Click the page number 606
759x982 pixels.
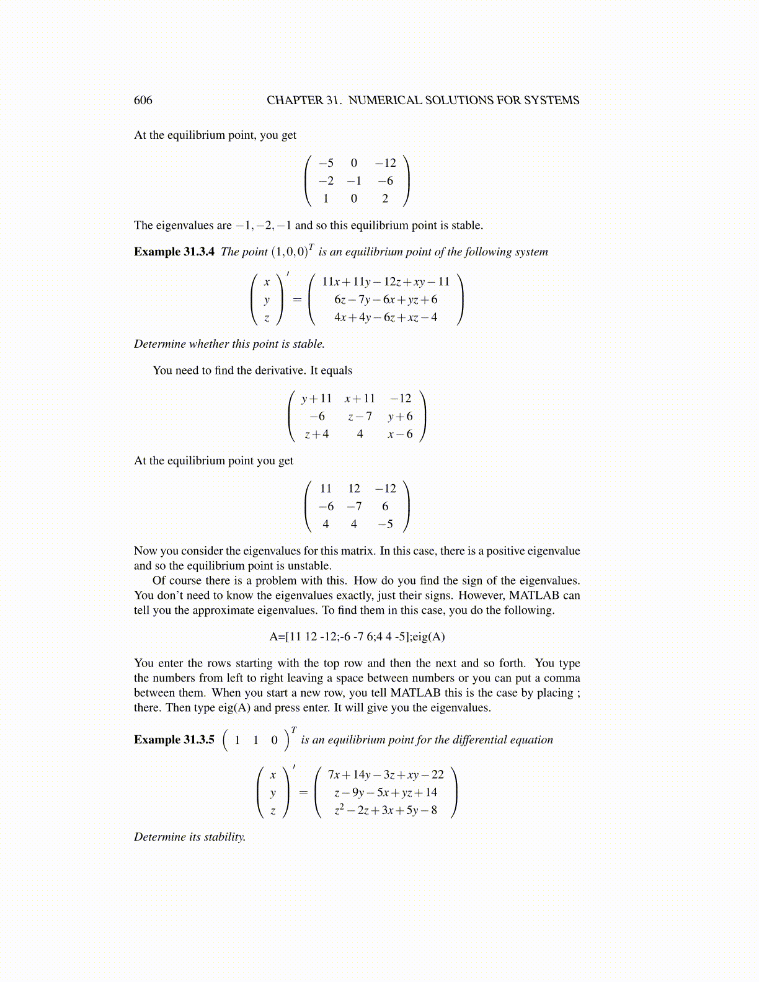tap(143, 100)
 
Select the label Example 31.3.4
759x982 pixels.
tap(174, 252)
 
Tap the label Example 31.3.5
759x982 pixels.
tap(174, 740)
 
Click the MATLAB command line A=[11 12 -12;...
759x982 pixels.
tap(357, 637)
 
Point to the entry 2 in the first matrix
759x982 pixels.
tap(385, 199)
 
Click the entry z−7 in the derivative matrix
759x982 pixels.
tap(360, 417)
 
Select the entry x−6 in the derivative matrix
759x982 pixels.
tap(400, 435)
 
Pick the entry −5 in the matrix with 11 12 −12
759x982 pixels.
tap(385, 524)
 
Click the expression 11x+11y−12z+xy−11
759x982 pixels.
tap(386, 282)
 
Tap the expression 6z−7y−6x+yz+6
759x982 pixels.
tap(386, 299)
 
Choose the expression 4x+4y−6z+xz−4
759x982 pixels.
tap(386, 317)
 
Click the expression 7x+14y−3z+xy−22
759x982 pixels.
tap(386, 775)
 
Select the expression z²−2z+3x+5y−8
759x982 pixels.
tap(386, 810)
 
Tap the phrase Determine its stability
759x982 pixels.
tap(190, 837)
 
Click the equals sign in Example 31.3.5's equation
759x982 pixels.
tap(303, 793)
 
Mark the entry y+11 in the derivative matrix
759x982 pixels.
tap(317, 399)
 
